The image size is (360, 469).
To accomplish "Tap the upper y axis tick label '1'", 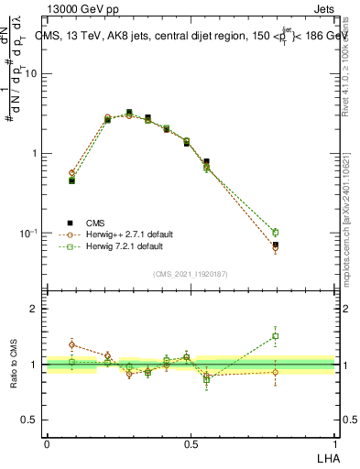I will tap(37, 154).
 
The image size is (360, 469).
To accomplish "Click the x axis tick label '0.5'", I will tap(191, 443).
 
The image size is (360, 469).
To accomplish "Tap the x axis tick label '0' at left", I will tap(47, 443).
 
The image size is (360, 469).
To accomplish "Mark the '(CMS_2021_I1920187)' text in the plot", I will tap(191, 273).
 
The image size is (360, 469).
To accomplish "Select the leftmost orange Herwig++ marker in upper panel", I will tap(71, 172).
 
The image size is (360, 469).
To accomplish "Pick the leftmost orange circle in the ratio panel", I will tap(71, 345).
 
